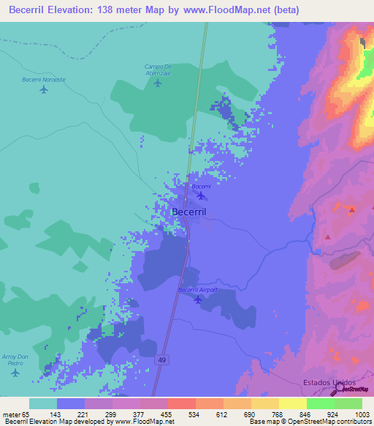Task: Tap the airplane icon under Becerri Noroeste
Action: coord(44,90)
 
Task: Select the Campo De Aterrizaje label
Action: coord(158,70)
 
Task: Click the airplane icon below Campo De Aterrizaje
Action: coord(158,83)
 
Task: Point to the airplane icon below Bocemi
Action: coord(201,196)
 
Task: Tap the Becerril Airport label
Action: coord(199,290)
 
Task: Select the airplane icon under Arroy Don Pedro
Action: coord(16,373)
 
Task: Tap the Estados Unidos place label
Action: coord(329,383)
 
